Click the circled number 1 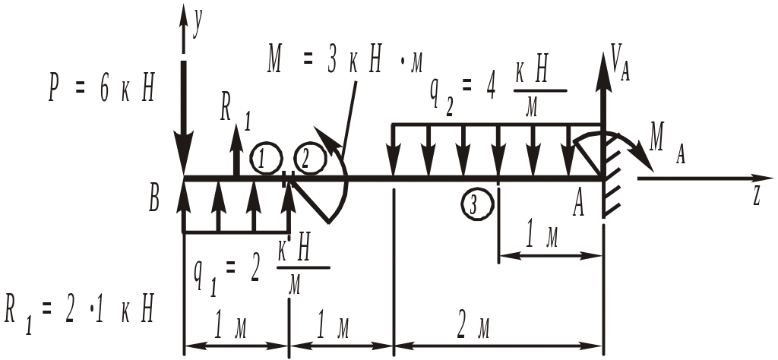(x=262, y=159)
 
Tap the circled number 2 (x=307, y=159)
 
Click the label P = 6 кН (x=102, y=90)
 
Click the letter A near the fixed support (x=579, y=203)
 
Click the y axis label (x=197, y=25)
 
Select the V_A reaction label (x=621, y=60)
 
